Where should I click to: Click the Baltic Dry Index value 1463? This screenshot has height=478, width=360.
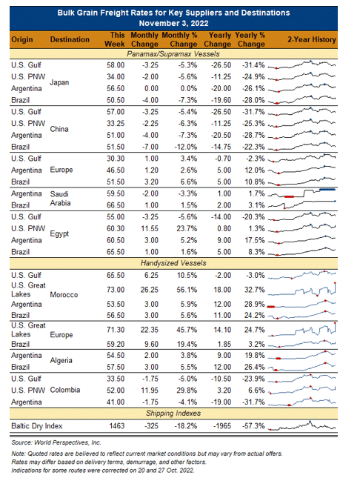click(117, 425)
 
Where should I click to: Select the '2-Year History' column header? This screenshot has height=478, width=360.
click(312, 39)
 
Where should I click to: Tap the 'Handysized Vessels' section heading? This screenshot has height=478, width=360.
click(173, 263)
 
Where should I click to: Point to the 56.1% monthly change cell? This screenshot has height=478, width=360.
click(187, 290)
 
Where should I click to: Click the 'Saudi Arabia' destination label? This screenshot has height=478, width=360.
click(60, 199)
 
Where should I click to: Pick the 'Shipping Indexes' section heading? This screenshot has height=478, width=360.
click(173, 414)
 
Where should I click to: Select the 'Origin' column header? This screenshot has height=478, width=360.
click(22, 39)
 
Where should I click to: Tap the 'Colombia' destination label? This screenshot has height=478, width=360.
click(65, 390)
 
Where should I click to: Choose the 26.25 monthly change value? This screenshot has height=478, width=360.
click(150, 290)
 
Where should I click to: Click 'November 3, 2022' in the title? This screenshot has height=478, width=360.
click(174, 23)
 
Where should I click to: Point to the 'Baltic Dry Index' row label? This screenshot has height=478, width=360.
click(37, 426)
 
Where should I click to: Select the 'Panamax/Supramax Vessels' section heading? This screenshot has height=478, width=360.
click(173, 54)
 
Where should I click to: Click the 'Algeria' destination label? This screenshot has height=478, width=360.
click(61, 361)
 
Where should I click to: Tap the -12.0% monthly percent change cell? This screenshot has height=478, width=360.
click(186, 147)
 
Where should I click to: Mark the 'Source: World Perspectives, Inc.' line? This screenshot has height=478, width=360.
click(56, 442)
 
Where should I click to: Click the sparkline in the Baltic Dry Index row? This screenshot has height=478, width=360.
click(301, 426)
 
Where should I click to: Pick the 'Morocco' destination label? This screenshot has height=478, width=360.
click(64, 295)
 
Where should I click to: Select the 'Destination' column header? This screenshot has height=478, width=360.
click(70, 39)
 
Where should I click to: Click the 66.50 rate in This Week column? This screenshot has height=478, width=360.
click(116, 205)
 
